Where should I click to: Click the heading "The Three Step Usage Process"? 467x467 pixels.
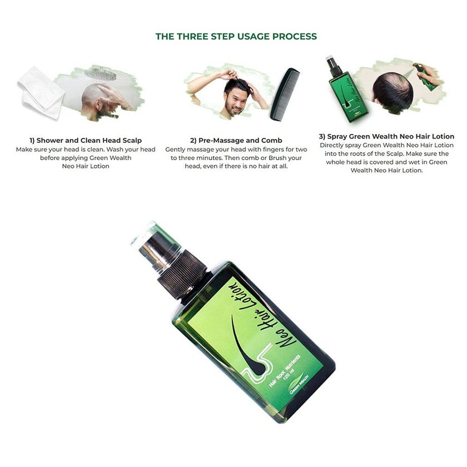[x=236, y=37]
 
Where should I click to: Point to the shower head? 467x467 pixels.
[x=100, y=73]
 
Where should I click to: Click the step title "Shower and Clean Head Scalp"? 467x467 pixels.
[x=86, y=141]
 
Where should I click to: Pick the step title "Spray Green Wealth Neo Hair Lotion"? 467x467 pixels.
[x=386, y=136]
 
